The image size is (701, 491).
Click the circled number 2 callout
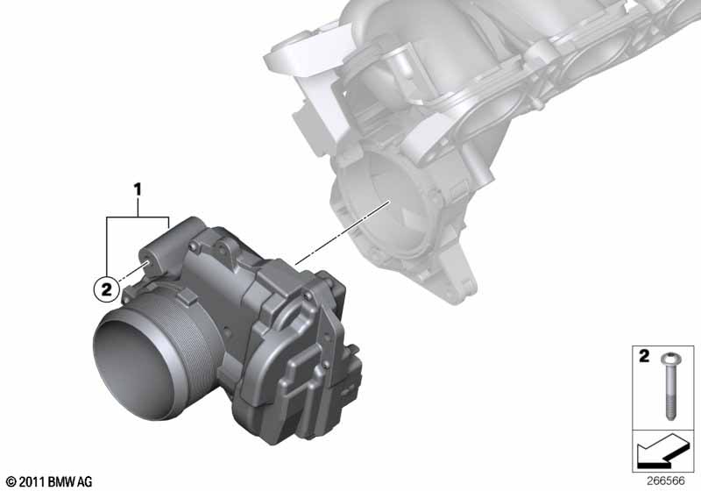(105, 285)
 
